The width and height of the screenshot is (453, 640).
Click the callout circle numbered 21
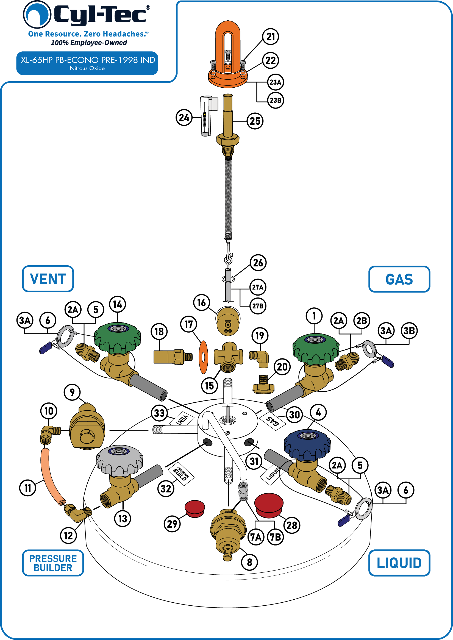pos(271,37)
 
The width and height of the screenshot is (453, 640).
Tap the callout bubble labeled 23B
pos(275,100)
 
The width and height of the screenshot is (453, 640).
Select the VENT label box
pos(48,279)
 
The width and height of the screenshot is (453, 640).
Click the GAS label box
pos(399,279)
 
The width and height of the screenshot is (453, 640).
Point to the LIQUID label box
pos(399,563)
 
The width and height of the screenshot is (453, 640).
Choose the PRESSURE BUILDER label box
pos(53,563)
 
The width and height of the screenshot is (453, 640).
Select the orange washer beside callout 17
pos(203,357)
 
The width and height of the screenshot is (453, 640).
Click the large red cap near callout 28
pos(269,505)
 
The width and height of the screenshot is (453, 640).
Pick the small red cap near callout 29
pos(195,509)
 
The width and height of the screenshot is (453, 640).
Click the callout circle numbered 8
pos(249,562)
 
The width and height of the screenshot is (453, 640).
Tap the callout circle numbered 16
pos(201,302)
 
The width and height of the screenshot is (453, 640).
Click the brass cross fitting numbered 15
pos(228,357)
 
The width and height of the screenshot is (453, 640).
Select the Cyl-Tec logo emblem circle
pos(37,15)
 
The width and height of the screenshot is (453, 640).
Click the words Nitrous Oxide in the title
pos(87,68)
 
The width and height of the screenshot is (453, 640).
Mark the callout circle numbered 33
pos(159,413)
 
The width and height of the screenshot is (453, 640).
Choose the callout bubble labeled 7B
pos(275,537)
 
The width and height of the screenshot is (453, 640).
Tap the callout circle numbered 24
pos(184,117)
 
